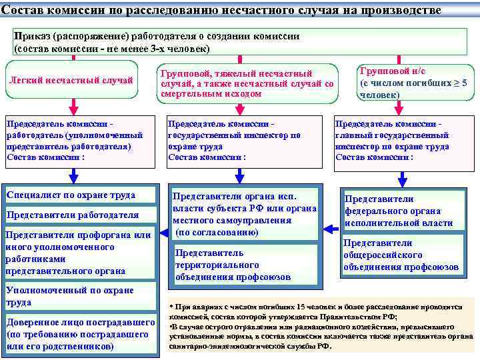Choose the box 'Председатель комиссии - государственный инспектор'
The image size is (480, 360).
point(240,141)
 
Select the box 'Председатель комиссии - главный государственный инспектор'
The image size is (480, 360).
point(400,141)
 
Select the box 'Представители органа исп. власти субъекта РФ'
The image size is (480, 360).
point(243,214)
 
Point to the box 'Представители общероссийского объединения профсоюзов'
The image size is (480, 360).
point(400,255)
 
